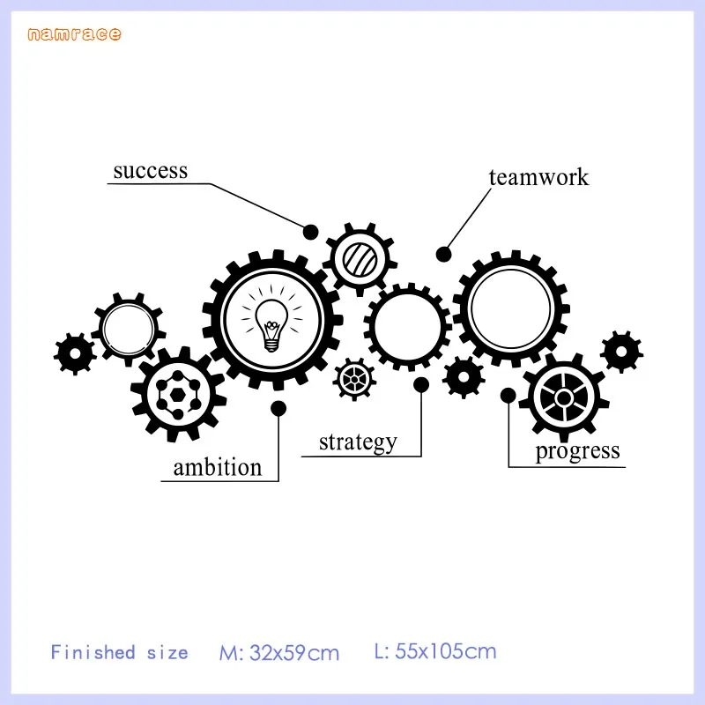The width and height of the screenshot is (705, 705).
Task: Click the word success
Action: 150,170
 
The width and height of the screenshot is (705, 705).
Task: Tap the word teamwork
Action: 538,177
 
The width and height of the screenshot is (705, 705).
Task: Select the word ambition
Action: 218,466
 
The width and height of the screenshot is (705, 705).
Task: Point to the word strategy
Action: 358,441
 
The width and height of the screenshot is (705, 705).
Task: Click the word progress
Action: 578,451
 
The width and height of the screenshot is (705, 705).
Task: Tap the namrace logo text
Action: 74,34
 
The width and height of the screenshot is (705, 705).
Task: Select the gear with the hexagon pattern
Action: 179,393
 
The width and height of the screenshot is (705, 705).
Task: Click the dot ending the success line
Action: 311,232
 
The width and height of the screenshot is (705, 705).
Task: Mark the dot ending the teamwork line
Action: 444,254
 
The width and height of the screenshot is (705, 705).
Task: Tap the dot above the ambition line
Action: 278,407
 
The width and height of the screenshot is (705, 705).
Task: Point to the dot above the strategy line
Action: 421,384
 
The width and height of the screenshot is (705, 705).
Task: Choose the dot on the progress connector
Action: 508,396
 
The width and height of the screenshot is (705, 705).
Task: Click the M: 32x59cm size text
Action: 279,653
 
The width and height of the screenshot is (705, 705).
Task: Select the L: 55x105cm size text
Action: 435,652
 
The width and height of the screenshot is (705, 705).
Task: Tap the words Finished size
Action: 119,653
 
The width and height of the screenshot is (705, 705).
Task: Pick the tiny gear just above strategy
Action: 355,380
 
